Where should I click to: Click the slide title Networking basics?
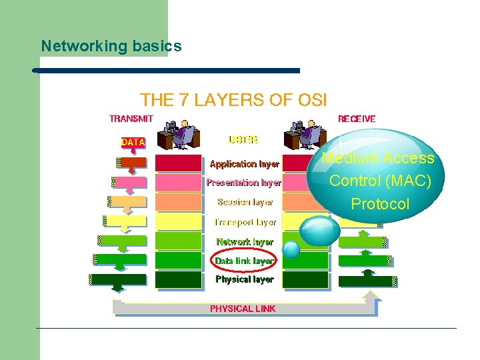point(111,46)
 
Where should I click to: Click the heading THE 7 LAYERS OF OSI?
point(233,100)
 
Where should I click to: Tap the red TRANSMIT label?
point(131,119)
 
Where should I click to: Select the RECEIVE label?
point(357,119)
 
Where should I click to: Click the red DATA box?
point(133,142)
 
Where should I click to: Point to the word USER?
point(243,140)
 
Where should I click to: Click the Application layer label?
point(244,163)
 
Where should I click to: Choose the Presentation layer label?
point(243,182)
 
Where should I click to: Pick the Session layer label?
point(245,202)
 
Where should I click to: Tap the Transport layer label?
point(245,222)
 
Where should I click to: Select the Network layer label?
point(245,241)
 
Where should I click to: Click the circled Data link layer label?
point(244,261)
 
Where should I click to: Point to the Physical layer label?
point(244,279)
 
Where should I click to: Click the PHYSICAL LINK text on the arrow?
point(243,309)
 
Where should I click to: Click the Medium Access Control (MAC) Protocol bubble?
point(377,179)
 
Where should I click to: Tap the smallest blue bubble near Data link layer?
point(291,249)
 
